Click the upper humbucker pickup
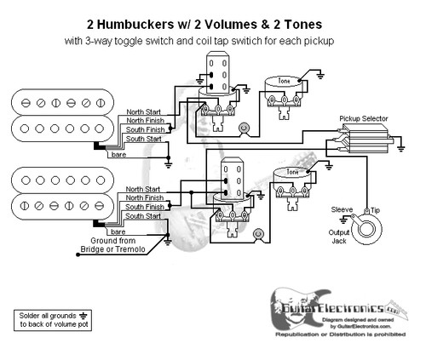point(51,115)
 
